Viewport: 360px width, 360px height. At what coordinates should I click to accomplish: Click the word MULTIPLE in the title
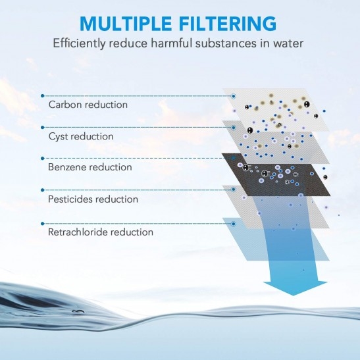tap(126, 24)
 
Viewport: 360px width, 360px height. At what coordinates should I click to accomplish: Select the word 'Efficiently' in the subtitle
tap(79, 43)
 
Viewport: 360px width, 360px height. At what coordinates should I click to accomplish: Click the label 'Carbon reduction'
tap(88, 105)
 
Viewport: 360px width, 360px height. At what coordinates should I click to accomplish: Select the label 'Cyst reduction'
tap(81, 136)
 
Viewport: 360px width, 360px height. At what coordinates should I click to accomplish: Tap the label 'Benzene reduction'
tap(90, 167)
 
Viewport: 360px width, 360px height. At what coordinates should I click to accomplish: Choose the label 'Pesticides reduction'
tap(93, 199)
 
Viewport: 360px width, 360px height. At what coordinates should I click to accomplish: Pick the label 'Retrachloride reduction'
tap(100, 232)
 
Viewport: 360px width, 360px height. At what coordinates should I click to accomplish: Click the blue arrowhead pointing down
tap(295, 288)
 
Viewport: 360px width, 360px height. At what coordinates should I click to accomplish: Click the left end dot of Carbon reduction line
tap(43, 95)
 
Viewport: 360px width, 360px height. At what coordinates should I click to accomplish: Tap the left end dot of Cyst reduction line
tap(43, 127)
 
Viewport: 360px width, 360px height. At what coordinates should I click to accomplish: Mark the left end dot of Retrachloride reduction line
tap(43, 223)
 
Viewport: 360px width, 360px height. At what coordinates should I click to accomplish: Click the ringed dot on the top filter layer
tap(234, 96)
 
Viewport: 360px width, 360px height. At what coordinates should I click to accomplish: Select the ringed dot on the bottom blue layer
tap(234, 224)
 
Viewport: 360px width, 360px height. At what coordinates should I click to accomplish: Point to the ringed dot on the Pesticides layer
tap(234, 190)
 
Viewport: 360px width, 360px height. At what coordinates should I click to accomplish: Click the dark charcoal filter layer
tap(276, 175)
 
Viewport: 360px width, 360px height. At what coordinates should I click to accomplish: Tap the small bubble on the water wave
tap(78, 312)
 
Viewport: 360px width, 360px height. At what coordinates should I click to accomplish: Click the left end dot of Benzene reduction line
tap(43, 158)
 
